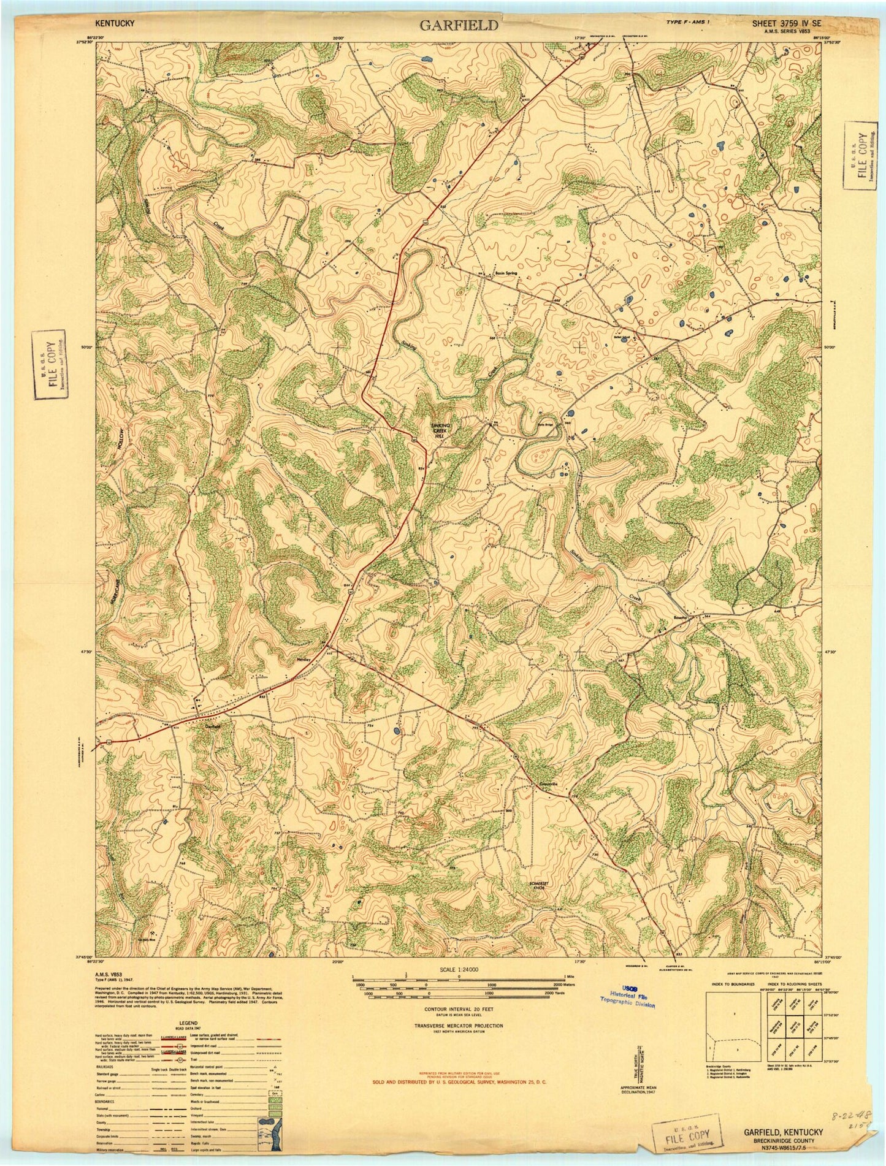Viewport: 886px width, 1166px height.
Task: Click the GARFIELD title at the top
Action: (x=459, y=25)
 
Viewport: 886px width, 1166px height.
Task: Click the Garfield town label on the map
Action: (x=213, y=726)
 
